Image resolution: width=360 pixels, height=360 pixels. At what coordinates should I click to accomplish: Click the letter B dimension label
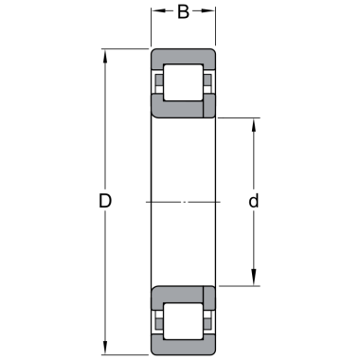(x=183, y=11)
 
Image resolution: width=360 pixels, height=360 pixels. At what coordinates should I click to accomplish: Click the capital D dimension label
(x=105, y=201)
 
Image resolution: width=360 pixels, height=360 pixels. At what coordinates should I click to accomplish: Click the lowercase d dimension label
(x=254, y=201)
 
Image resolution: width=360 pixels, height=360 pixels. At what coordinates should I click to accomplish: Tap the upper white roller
(x=183, y=82)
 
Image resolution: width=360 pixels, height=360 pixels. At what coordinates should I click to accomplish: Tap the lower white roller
(x=183, y=321)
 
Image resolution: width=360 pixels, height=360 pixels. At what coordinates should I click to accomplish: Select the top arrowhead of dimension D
(x=105, y=56)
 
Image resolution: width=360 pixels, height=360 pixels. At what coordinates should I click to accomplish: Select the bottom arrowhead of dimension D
(x=105, y=348)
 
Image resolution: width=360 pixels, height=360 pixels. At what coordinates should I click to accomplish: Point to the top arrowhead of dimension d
(x=254, y=125)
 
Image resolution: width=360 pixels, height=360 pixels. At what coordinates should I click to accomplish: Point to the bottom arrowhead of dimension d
(x=254, y=279)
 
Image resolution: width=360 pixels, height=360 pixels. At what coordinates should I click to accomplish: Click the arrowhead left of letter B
(x=158, y=10)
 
